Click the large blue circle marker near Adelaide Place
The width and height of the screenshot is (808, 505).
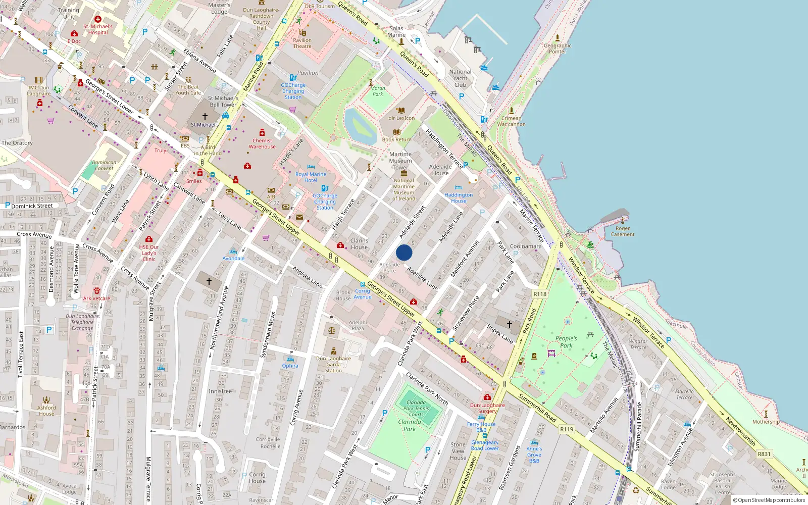coord(404,252)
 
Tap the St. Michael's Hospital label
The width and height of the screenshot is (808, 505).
coord(98,29)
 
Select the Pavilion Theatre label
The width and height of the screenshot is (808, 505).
coord(302,43)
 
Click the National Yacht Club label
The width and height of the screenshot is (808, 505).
coord(460,78)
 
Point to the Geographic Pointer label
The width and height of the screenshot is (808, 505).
coord(558,48)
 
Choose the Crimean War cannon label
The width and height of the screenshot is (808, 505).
coord(511,121)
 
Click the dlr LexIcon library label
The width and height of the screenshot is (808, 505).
coord(401,118)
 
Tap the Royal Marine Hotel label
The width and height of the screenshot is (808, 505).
coord(311,177)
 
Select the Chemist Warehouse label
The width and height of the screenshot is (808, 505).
coord(262,144)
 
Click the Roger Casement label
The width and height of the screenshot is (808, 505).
coord(623,231)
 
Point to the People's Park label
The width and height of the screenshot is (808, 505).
coord(566,342)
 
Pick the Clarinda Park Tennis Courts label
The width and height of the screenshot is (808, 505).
coord(416,409)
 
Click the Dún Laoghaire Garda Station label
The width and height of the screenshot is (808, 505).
coord(333,364)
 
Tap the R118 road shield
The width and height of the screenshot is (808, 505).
coord(540,294)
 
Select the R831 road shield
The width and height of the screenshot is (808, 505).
coord(764,454)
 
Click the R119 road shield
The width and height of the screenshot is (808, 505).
coord(567,429)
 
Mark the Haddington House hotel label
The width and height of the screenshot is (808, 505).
coord(459,198)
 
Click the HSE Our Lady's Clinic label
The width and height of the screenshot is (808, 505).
coord(149,253)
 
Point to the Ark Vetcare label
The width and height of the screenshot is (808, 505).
coord(96,298)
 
